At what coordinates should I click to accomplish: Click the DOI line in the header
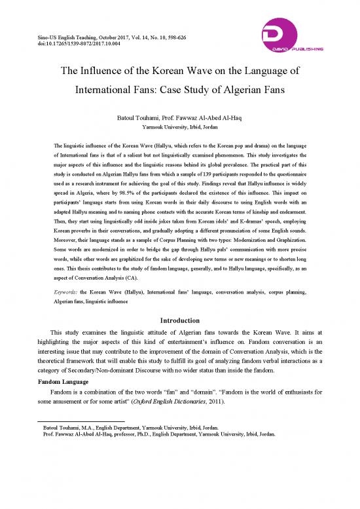click(69, 47)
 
